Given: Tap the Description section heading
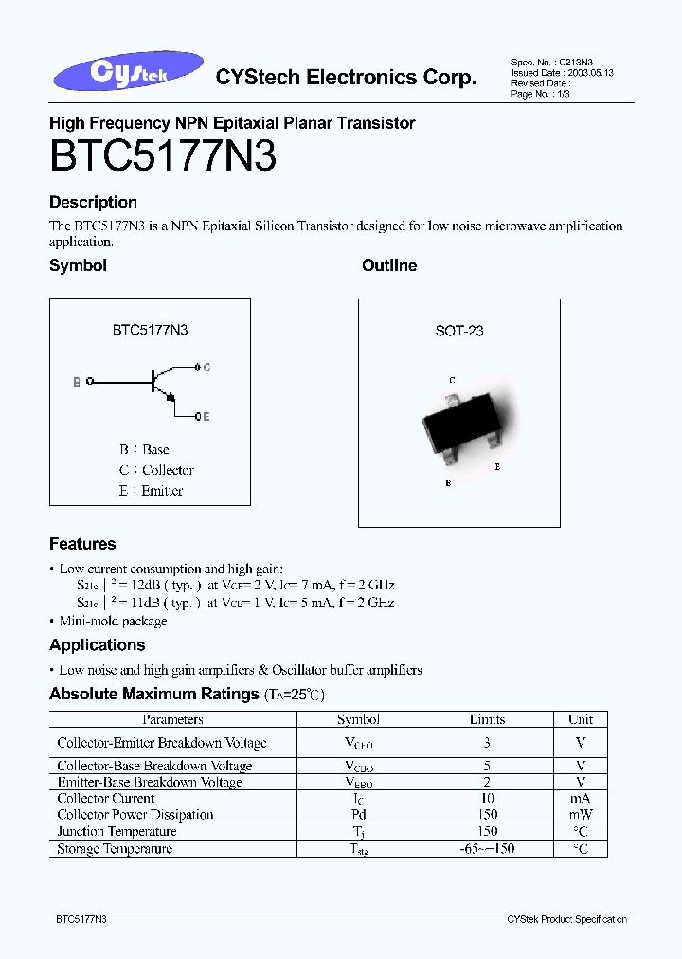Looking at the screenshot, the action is (93, 202).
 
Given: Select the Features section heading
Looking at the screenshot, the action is (82, 544).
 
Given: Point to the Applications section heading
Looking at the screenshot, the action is (98, 645).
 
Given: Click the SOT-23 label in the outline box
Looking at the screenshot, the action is (459, 331).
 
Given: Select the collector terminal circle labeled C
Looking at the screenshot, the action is (197, 367).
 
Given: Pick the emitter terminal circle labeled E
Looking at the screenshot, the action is (197, 416).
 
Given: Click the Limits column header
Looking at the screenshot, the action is (487, 719).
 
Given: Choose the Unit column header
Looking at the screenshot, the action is (581, 719).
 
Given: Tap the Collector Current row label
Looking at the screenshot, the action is (105, 799).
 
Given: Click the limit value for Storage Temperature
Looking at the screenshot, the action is (487, 849).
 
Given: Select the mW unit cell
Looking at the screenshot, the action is (581, 815).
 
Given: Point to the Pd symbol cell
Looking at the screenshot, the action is (358, 815).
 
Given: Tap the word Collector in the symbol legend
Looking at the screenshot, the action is (168, 470).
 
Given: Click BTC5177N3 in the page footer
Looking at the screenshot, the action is (81, 920).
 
